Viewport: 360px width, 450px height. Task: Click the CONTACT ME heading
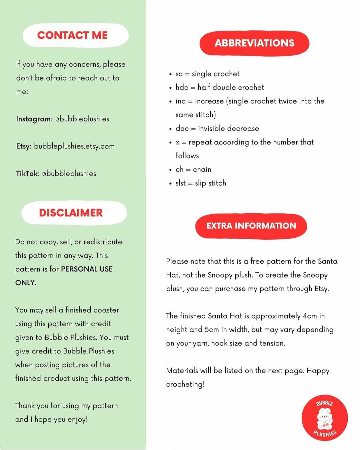(x=72, y=35)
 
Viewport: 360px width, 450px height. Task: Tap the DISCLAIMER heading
(x=71, y=213)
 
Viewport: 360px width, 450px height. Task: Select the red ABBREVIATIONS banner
(x=254, y=43)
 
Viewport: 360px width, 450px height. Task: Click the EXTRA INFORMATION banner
(x=251, y=226)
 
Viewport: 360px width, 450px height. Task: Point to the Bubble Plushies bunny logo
(x=325, y=418)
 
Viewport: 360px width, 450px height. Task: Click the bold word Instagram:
(x=34, y=119)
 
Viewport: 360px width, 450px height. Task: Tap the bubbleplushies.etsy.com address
(x=74, y=146)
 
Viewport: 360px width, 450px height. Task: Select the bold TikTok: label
(x=28, y=174)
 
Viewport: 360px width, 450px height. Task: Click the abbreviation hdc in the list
(x=182, y=87)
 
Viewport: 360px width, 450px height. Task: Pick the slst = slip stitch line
(x=201, y=183)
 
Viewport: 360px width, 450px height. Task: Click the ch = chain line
(x=193, y=169)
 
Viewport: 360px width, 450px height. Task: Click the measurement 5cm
(x=212, y=329)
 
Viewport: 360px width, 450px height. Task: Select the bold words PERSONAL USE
(x=87, y=269)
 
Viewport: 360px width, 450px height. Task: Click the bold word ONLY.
(x=26, y=283)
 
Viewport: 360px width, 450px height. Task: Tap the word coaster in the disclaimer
(x=106, y=310)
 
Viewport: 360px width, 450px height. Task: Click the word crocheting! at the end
(x=185, y=384)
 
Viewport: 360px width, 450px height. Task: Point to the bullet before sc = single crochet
(x=171, y=74)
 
